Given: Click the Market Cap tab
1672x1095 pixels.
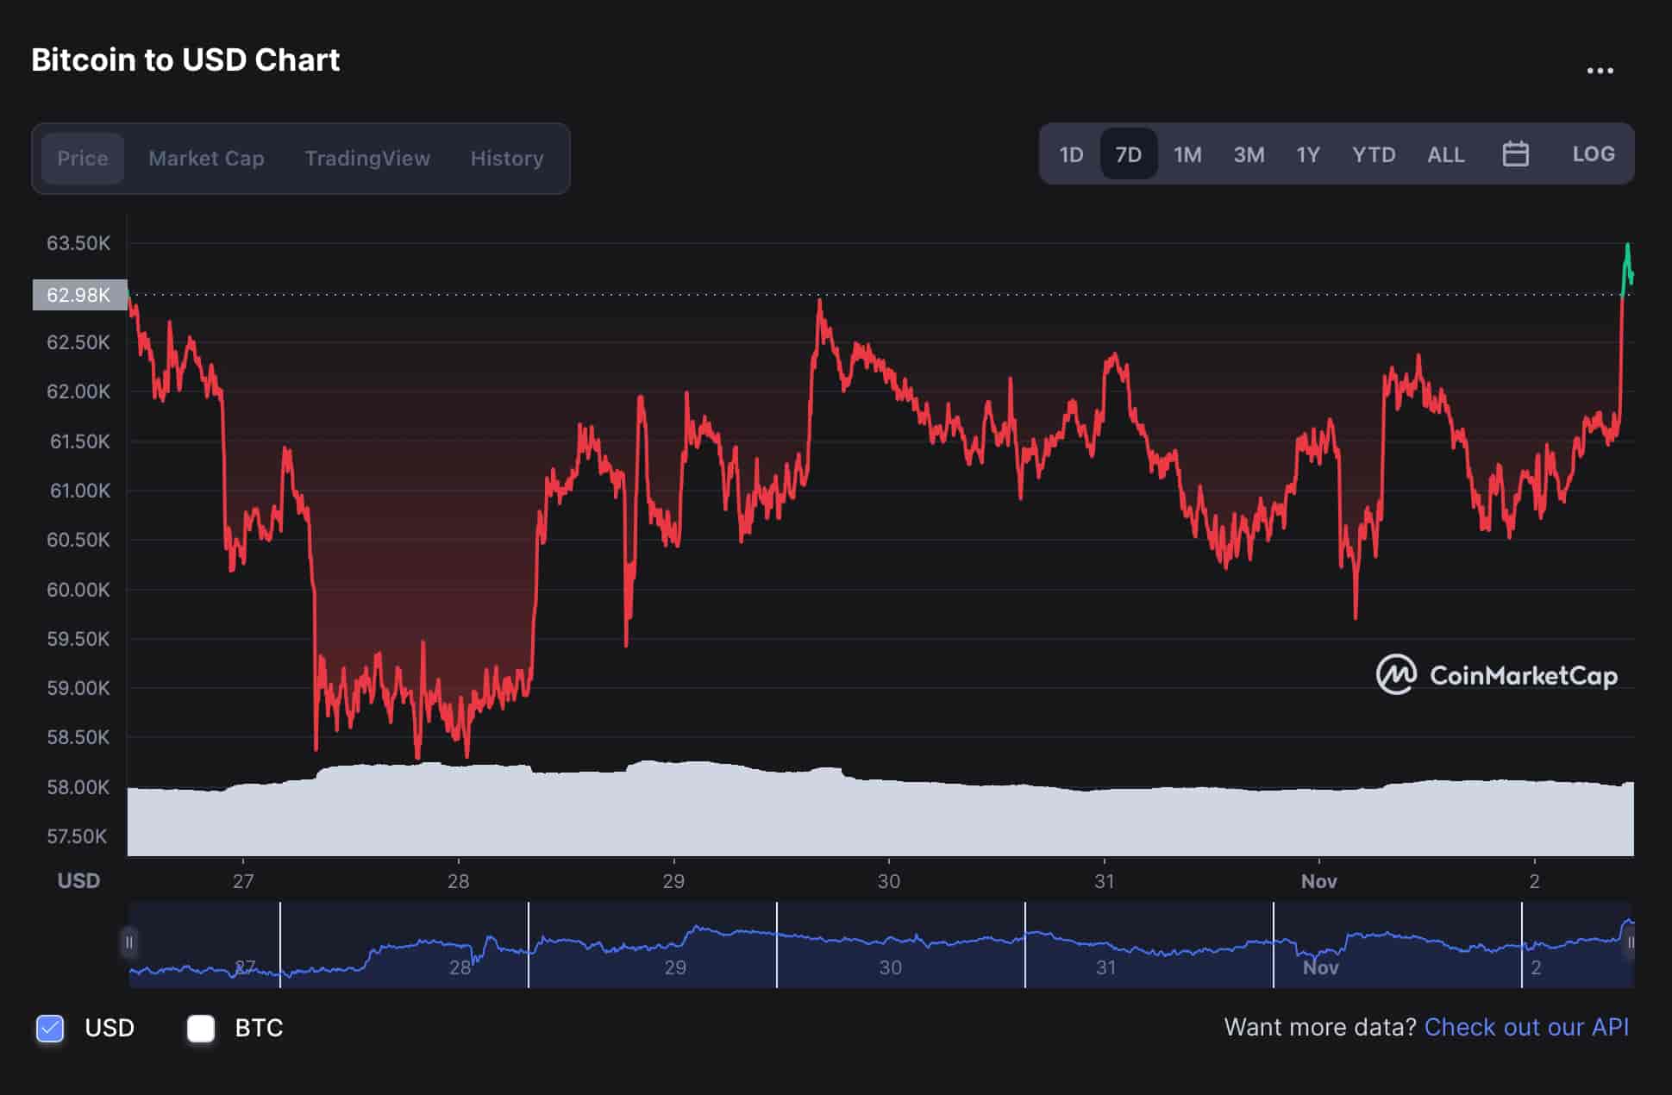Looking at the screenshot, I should [x=206, y=159].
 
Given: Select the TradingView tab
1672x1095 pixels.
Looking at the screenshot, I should [x=367, y=159].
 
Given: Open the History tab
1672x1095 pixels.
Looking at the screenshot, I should [x=507, y=159].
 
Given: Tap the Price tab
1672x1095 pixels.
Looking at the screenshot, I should [x=83, y=159].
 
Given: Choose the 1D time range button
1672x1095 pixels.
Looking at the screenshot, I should [x=1071, y=154].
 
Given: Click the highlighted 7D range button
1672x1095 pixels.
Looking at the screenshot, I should [x=1128, y=154].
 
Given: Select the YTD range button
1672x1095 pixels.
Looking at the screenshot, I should [x=1373, y=154].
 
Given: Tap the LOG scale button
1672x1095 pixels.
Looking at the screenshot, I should [x=1593, y=154].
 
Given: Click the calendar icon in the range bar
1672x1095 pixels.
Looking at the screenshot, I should [x=1515, y=154].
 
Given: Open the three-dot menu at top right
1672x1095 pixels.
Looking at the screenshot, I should [x=1600, y=71].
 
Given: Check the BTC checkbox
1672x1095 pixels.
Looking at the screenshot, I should [x=201, y=1028].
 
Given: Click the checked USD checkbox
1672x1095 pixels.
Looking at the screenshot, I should [x=50, y=1028].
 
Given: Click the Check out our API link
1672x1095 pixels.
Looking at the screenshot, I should [x=1526, y=1027].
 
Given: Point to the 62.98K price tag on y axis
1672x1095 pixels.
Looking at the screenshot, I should [x=79, y=295].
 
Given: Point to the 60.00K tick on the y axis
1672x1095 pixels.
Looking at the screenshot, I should [x=78, y=590].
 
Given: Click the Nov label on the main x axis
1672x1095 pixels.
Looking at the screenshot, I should [x=1318, y=881].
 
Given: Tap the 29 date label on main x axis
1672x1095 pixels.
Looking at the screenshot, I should [x=673, y=881].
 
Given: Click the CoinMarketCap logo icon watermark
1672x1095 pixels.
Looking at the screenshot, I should [x=1396, y=675].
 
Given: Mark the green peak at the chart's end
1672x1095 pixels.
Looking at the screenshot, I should [x=1627, y=247].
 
